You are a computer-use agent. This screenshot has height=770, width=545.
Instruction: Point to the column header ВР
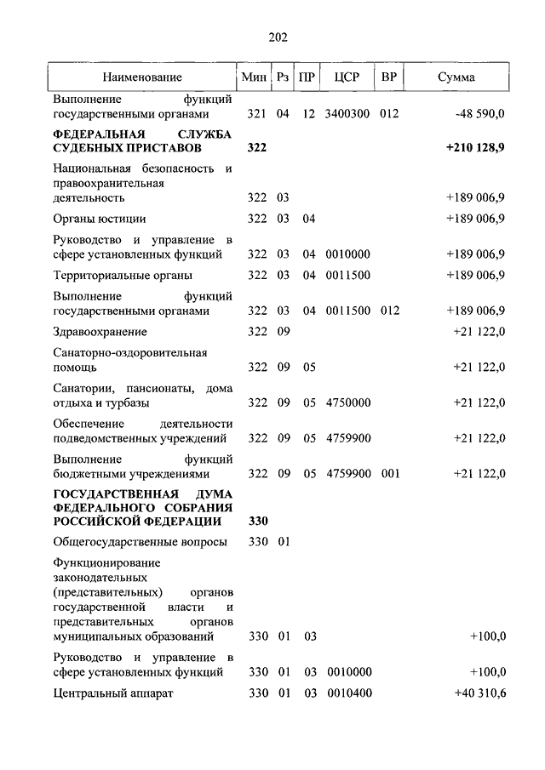point(389,77)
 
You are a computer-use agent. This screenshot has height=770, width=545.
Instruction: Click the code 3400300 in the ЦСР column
point(347,113)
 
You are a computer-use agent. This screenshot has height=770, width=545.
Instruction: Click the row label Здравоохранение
point(100,331)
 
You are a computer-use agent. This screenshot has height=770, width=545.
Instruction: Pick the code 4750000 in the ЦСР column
point(347,402)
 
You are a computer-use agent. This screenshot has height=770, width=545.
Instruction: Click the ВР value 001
point(390,474)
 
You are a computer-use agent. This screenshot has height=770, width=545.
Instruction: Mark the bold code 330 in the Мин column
point(257,521)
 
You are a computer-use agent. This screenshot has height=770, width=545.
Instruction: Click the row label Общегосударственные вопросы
point(140,542)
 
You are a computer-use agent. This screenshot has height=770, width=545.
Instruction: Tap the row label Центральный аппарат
point(113,693)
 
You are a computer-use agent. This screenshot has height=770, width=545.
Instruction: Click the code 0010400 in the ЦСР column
point(347,693)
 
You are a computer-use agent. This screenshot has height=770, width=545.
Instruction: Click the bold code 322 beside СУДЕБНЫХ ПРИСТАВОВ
point(257,148)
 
